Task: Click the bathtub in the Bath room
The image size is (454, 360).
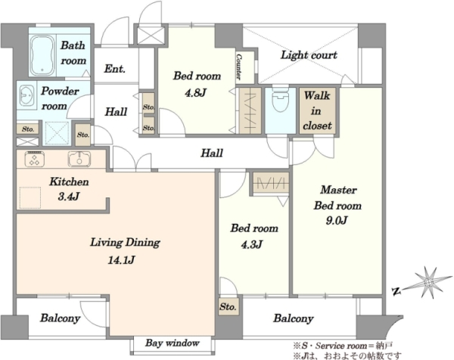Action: (42, 55)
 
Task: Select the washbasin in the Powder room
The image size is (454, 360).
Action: (26, 95)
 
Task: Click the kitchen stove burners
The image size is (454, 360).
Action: (35, 159)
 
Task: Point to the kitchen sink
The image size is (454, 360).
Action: (79, 159)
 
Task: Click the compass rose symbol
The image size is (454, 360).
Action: (428, 282)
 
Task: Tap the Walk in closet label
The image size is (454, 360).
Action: (317, 110)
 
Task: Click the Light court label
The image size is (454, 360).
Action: (309, 55)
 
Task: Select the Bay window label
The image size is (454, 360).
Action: (173, 343)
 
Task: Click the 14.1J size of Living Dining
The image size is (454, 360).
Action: (121, 260)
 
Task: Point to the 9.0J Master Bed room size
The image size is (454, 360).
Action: (337, 221)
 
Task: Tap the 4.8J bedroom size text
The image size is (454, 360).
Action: (196, 93)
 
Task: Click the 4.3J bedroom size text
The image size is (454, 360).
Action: (252, 245)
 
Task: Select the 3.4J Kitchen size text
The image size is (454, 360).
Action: (69, 197)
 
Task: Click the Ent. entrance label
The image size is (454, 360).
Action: (115, 69)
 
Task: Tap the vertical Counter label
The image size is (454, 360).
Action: (238, 67)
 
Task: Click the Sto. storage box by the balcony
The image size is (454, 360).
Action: (228, 306)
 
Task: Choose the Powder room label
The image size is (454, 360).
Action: (59, 98)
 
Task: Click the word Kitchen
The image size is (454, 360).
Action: (69, 182)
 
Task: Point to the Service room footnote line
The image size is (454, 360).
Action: (343, 346)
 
